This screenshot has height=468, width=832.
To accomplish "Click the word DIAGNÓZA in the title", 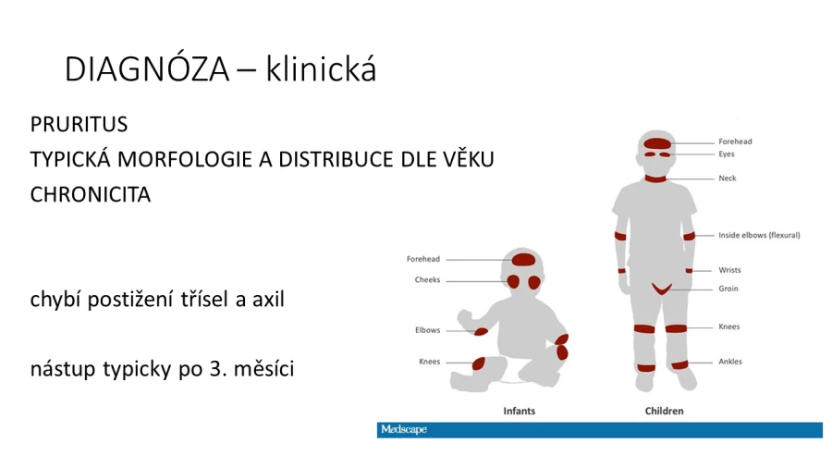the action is pyautogui.click(x=147, y=68).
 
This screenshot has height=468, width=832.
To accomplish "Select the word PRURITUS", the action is pyautogui.click(x=80, y=125).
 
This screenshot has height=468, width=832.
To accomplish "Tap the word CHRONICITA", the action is pyautogui.click(x=91, y=195).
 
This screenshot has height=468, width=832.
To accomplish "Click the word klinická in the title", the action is pyautogui.click(x=321, y=68).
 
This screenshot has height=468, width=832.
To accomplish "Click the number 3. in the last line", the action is pyautogui.click(x=218, y=369).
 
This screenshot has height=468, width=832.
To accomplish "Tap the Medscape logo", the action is pyautogui.click(x=404, y=429).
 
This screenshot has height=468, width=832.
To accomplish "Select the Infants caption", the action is pyautogui.click(x=519, y=411).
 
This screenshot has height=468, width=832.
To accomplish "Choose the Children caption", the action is pyautogui.click(x=664, y=411).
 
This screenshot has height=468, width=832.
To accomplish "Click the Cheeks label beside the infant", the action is pyautogui.click(x=427, y=279).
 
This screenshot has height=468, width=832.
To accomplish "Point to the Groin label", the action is pyautogui.click(x=728, y=289).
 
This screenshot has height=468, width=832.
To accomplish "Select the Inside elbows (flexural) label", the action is pyautogui.click(x=759, y=235).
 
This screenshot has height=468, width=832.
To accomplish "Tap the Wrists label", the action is pyautogui.click(x=729, y=270).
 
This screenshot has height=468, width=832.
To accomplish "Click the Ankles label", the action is pyautogui.click(x=730, y=362).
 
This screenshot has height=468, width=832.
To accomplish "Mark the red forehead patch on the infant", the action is pyautogui.click(x=523, y=260).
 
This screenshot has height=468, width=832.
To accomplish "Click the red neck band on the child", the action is pyautogui.click(x=655, y=179).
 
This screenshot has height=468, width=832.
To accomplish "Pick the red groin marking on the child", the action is pyautogui.click(x=662, y=289).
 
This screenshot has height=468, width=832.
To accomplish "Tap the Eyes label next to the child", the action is pyautogui.click(x=727, y=154).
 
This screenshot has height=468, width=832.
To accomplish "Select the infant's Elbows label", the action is pyautogui.click(x=427, y=330).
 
